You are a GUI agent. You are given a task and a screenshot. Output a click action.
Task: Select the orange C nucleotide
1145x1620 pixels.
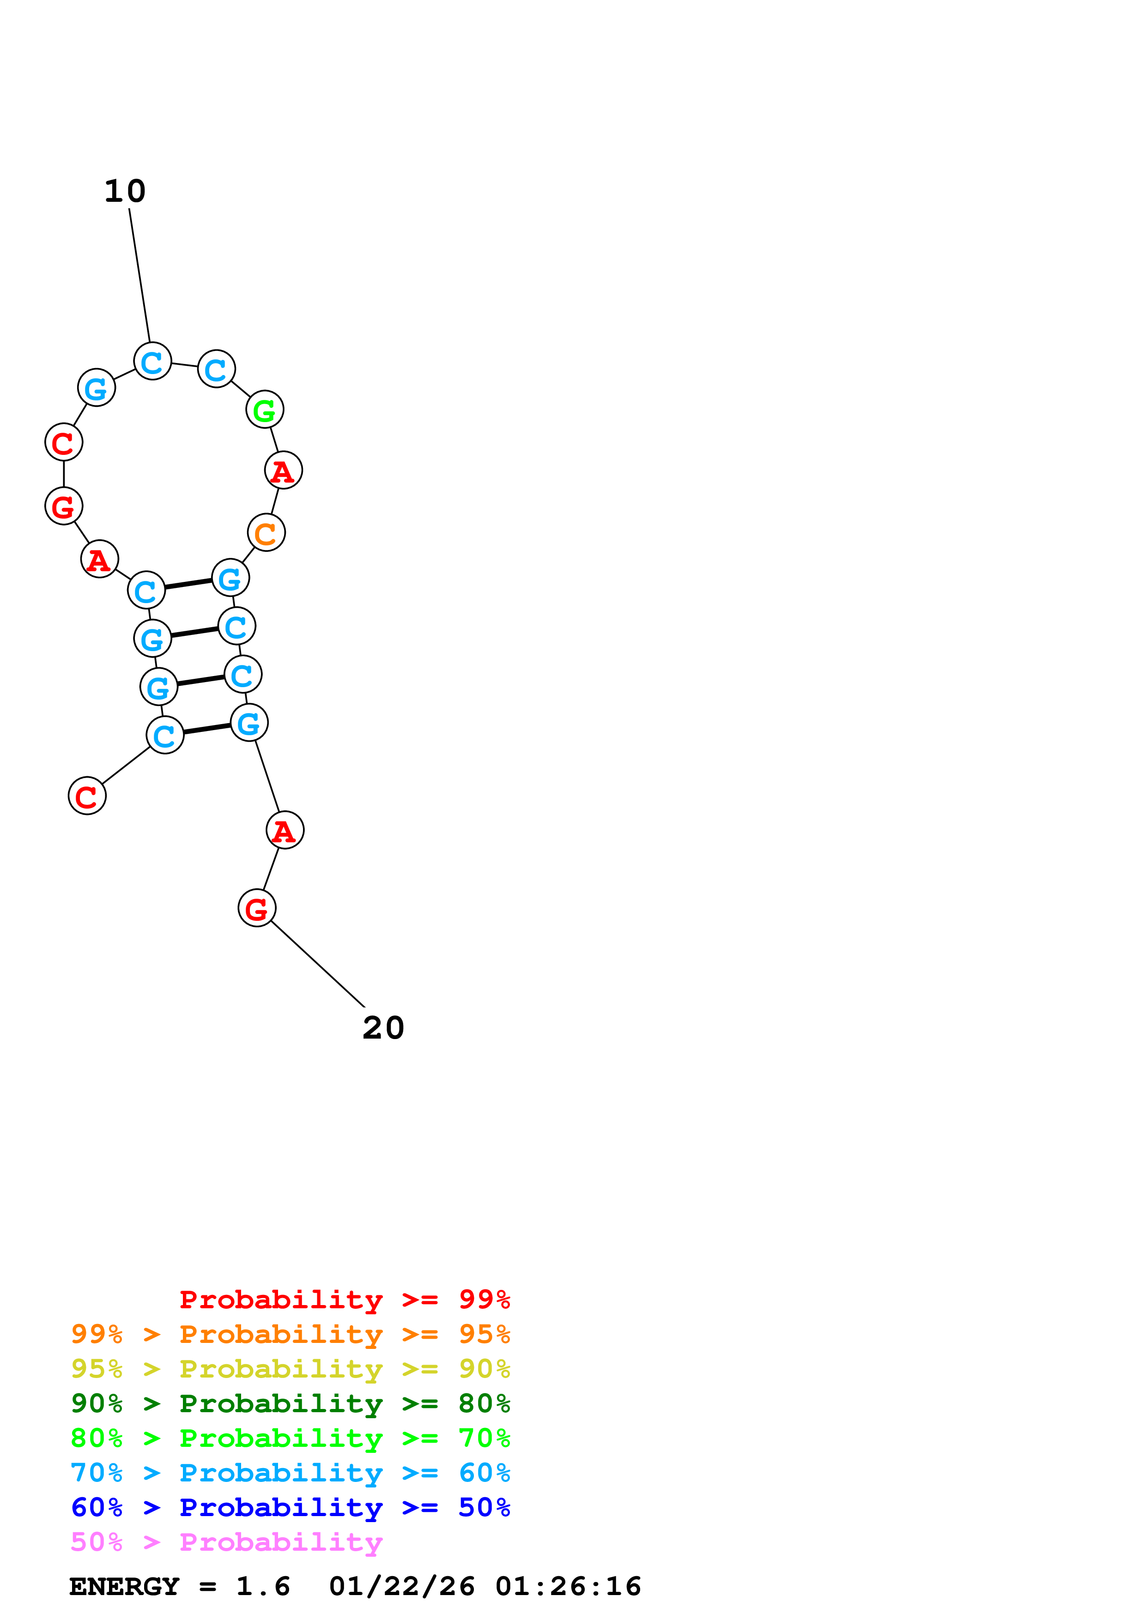click(x=266, y=533)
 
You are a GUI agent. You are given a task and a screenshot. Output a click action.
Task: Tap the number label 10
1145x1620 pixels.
click(x=125, y=191)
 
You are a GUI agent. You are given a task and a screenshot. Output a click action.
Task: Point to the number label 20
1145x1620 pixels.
click(x=383, y=1028)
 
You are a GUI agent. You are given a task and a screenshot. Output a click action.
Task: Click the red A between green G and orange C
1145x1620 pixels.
click(x=283, y=471)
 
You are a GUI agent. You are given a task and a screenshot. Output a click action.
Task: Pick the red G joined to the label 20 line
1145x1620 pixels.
click(x=257, y=908)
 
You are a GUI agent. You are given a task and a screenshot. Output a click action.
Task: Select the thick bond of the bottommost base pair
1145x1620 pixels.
click(x=207, y=729)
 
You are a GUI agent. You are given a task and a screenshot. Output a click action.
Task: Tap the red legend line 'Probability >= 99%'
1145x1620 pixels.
click(x=344, y=1299)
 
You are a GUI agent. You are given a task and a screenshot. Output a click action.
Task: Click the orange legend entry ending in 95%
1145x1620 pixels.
click(x=290, y=1334)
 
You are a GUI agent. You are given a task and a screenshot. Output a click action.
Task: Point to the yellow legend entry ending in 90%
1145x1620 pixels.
click(x=290, y=1369)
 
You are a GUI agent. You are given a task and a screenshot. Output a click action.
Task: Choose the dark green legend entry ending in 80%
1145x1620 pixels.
click(x=290, y=1403)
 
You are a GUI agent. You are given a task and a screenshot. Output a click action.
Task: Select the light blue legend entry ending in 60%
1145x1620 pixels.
click(x=290, y=1473)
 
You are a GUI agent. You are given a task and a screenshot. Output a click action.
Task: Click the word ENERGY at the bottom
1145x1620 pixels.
click(x=124, y=1587)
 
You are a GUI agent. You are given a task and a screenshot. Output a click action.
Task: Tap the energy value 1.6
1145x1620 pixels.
click(x=263, y=1587)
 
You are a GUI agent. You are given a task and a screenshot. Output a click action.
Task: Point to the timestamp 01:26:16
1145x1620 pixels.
click(x=568, y=1587)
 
